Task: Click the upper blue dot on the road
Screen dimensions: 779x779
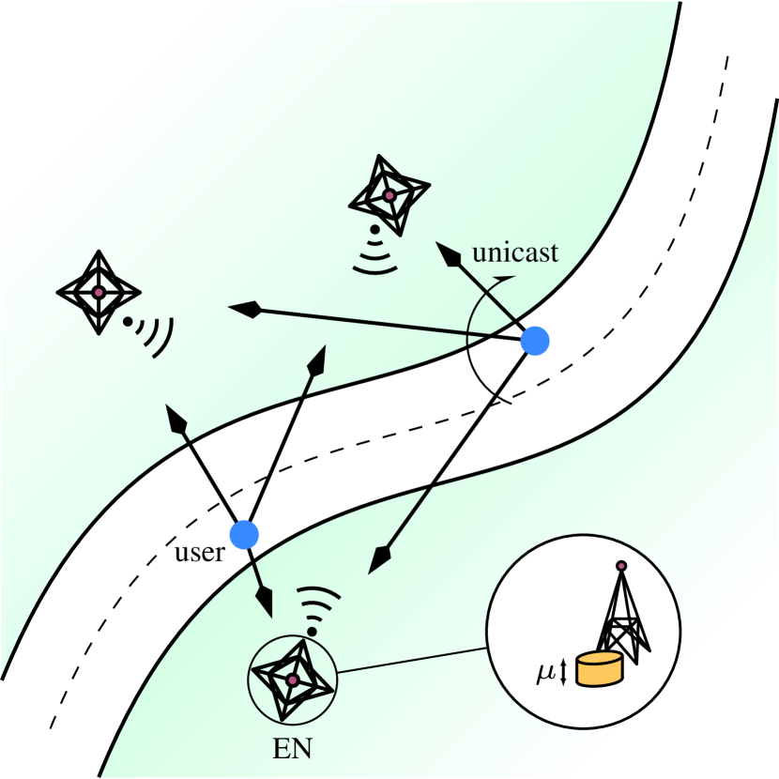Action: click(x=535, y=342)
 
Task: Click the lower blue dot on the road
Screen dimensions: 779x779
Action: click(x=244, y=535)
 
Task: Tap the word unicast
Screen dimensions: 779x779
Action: click(x=515, y=252)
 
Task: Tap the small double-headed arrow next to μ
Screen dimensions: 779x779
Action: click(x=563, y=671)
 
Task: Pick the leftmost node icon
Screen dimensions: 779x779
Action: click(x=98, y=292)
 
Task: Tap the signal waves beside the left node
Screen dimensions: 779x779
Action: click(x=155, y=333)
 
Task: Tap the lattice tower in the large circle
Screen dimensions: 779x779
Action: click(x=620, y=615)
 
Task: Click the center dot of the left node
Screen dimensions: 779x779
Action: click(x=98, y=292)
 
